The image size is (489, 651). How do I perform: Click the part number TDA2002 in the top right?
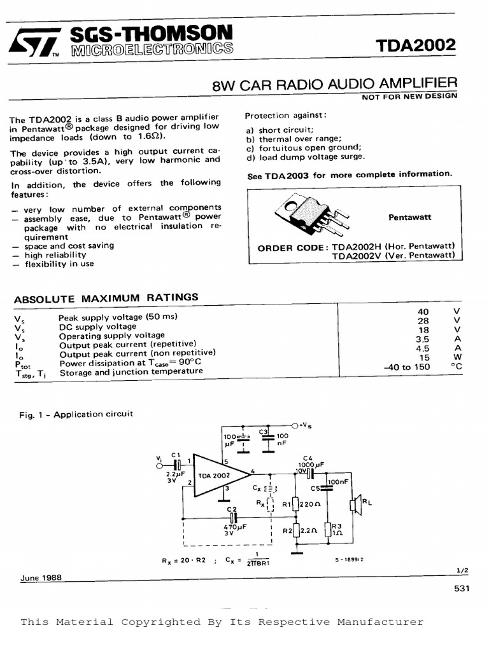point(424,46)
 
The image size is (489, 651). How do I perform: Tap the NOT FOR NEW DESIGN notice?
point(409,97)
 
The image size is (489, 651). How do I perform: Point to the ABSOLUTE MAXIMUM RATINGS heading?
point(106,298)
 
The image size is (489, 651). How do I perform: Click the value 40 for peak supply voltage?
point(423,312)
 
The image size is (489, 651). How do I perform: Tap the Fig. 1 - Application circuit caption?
point(77,415)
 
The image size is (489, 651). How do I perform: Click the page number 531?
point(462,589)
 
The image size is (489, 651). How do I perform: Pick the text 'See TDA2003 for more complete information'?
point(350,175)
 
